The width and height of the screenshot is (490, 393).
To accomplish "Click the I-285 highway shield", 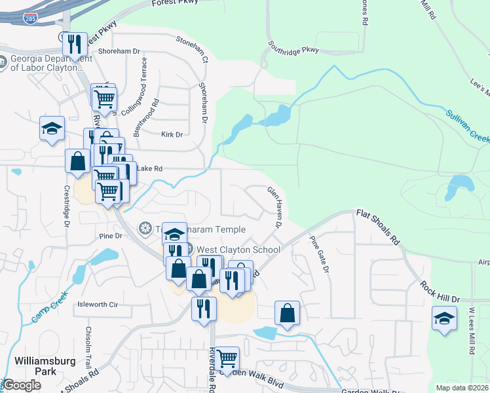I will coord(30,20).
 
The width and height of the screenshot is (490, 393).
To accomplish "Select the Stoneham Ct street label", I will coord(191,40).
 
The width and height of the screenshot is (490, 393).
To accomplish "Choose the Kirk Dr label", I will coord(172,134).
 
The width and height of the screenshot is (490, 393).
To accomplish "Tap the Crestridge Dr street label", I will coord(66,206).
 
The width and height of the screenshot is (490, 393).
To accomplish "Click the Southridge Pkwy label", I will coord(293,48).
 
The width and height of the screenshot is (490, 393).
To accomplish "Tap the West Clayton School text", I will coord(238,250).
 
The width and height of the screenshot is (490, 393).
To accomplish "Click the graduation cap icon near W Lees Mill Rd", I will coord(445,319).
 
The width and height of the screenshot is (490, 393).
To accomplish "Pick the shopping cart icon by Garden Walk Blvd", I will coord(227,358).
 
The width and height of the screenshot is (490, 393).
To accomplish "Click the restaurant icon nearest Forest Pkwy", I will coord(75,44).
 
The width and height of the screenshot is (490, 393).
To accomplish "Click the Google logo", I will coord(22,385).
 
